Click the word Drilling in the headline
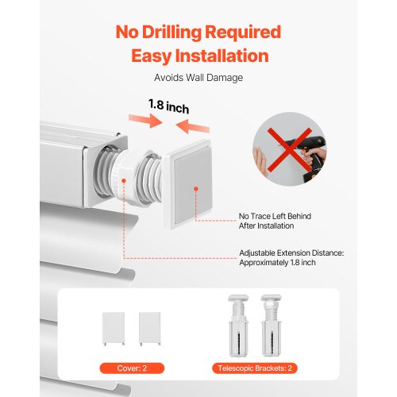point(172,33)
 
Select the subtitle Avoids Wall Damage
point(198,78)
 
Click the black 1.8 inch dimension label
point(169,106)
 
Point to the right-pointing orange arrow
point(145,121)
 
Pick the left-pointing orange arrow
point(193,126)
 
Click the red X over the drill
point(289,150)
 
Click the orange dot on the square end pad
point(196,189)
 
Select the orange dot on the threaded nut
point(124,181)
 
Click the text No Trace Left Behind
point(275,216)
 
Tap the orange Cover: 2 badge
point(132,368)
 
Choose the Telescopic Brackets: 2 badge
point(255,368)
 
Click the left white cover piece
point(114,329)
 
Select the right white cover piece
point(150,329)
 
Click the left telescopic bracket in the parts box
point(238,326)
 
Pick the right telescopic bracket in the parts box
point(272,326)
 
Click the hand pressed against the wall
point(261,162)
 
